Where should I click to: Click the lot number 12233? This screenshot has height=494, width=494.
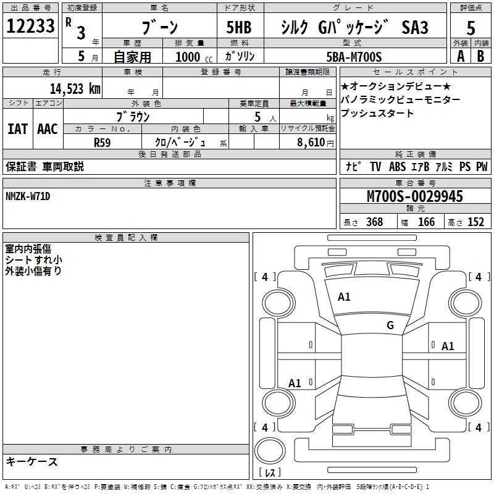pyautogui.click(x=31, y=27)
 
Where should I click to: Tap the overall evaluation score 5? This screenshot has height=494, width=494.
pyautogui.click(x=471, y=28)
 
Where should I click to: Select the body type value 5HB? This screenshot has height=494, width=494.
pyautogui.click(x=239, y=28)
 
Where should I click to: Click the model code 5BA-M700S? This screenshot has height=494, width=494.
pyautogui.click(x=354, y=57)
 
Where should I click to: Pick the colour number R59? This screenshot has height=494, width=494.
pyautogui.click(x=103, y=142)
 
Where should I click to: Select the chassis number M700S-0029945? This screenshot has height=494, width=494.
pyautogui.click(x=415, y=196)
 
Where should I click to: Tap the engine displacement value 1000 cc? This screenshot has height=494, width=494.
pyautogui.click(x=193, y=57)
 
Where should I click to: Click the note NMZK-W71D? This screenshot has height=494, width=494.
pyautogui.click(x=28, y=196)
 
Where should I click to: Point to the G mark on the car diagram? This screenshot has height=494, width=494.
pyautogui.click(x=390, y=325)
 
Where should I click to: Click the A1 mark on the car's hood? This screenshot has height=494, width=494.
pyautogui.click(x=344, y=297)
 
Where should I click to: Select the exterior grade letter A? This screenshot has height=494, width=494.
pyautogui.click(x=460, y=56)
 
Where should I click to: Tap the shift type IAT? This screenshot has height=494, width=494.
pyautogui.click(x=17, y=128)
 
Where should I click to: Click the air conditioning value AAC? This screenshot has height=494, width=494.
pyautogui.click(x=47, y=128)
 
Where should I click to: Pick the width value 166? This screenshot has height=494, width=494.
pyautogui.click(x=426, y=222)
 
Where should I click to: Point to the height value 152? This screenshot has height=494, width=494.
pyautogui.click(x=475, y=222)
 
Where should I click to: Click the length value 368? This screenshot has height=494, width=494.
pyautogui.click(x=374, y=222)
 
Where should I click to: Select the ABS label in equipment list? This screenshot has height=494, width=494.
pyautogui.click(x=398, y=167)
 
